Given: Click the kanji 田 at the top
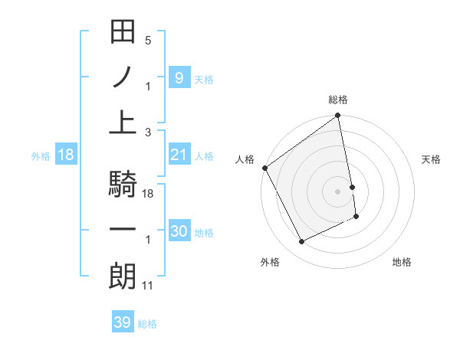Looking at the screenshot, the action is pos(123,33).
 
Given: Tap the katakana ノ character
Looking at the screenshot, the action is pos(123,77).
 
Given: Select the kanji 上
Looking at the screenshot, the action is pos(123,122).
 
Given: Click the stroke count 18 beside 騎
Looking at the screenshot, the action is pos(149,195).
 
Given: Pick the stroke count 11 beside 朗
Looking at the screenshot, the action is pos(149,285).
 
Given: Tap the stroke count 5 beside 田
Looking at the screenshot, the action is pos(148,41).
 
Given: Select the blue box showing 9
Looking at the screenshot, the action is pos(179,77).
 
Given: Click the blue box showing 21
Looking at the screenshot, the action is pos(179,155).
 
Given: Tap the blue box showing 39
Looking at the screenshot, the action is pos(122,322).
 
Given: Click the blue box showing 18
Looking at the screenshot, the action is pos(66,155).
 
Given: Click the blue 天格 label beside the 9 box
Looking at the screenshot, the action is pos(205,79).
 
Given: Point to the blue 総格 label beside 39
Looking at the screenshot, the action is pos(148,324).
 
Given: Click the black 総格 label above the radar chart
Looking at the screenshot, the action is pos(338,100).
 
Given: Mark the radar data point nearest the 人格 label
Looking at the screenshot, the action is pos(265,168).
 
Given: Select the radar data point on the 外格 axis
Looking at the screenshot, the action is pos(301,242).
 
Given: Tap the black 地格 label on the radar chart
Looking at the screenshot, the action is pos(402,262).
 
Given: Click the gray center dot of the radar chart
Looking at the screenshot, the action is pos(338,191).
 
